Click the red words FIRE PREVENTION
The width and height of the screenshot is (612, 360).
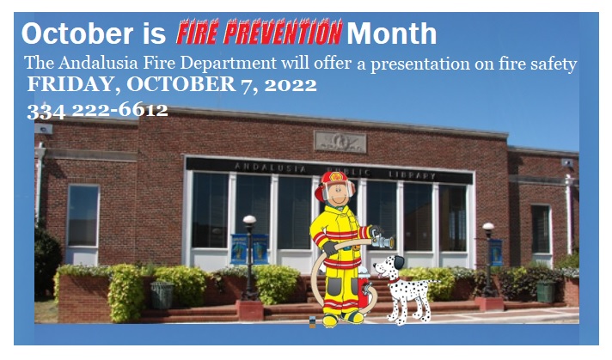(x=260, y=32)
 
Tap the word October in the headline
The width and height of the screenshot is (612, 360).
(x=77, y=34)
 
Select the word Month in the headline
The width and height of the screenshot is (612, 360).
(x=391, y=34)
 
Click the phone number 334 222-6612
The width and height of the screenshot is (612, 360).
(x=98, y=111)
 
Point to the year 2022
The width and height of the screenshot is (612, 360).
(x=291, y=85)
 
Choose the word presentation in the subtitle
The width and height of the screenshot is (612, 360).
(x=420, y=64)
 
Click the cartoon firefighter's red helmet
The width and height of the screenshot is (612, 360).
(x=334, y=184)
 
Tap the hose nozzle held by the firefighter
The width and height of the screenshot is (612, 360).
(x=382, y=241)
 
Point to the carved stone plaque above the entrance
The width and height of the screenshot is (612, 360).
(x=340, y=142)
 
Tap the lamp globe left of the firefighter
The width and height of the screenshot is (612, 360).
(x=249, y=220)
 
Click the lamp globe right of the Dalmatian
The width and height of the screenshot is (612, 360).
(x=488, y=227)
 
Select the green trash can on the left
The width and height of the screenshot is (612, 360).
(x=162, y=295)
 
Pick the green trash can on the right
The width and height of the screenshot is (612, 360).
(x=546, y=291)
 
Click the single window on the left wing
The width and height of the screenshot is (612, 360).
(x=83, y=216)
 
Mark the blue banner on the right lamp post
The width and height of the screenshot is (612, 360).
(x=496, y=252)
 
